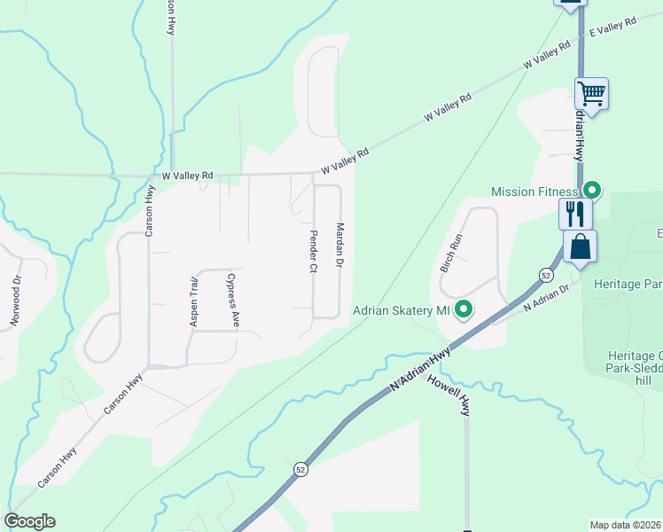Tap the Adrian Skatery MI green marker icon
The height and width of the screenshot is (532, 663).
coord(463,310)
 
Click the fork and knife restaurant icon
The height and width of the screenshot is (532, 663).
coord(574,213)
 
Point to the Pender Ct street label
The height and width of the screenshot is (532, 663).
coord(314,252)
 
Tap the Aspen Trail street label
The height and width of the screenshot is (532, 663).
coord(194,301)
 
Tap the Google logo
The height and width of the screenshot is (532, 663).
coord(29,521)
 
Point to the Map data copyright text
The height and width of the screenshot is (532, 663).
coord(626,525)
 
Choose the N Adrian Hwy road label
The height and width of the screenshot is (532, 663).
coord(419,369)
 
